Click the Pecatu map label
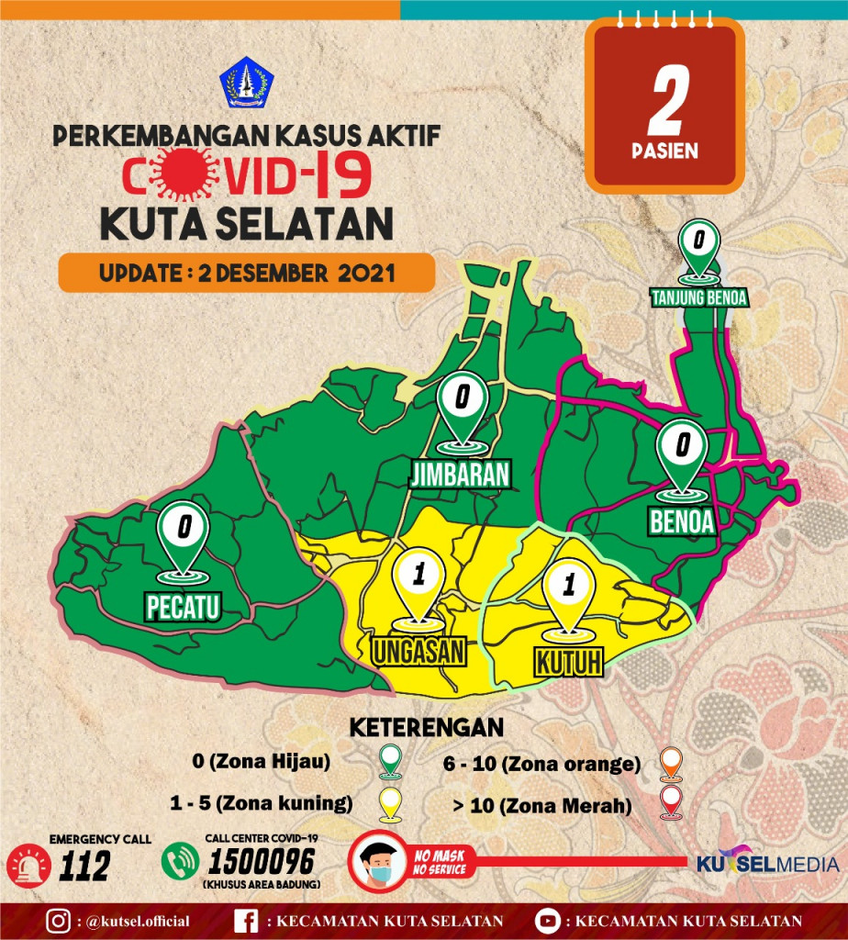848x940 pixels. tap(184, 606)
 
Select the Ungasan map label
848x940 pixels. tap(419, 651)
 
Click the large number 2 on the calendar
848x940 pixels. tap(665, 100)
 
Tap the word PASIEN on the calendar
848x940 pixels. tap(665, 151)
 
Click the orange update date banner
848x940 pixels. tap(246, 273)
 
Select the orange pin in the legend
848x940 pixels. tap(671, 762)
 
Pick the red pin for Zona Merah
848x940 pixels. tap(671, 803)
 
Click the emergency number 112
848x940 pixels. tap(87, 866)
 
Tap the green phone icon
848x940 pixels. tap(179, 862)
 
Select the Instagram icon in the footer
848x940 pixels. tap(60, 921)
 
